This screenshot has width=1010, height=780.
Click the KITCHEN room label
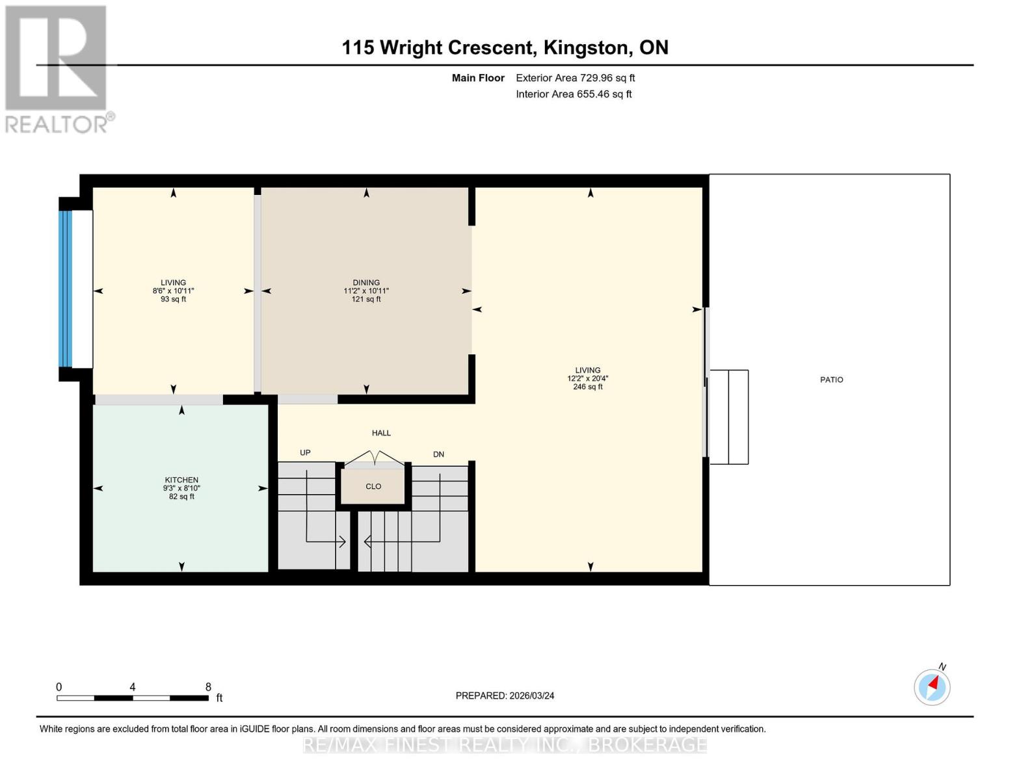(x=181, y=480)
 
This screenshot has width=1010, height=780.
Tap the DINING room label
(x=366, y=283)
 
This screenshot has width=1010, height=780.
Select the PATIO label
(x=832, y=380)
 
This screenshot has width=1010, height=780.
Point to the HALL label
(x=381, y=433)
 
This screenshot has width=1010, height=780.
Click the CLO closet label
(x=373, y=486)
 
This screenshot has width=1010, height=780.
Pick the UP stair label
(x=305, y=452)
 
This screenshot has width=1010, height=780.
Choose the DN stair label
(x=438, y=454)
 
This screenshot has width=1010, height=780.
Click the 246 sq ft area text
(x=588, y=387)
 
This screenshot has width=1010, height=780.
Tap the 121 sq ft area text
(x=366, y=299)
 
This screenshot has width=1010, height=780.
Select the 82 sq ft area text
(x=181, y=497)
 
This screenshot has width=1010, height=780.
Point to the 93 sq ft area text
(x=174, y=299)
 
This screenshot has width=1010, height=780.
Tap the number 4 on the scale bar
(x=133, y=686)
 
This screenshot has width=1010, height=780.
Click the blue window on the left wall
(x=66, y=289)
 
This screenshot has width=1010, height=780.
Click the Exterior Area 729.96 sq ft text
(x=575, y=78)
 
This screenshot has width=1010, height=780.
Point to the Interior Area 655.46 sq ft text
(x=574, y=94)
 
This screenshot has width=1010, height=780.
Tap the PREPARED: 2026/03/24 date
(x=505, y=695)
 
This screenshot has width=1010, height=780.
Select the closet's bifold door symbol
(x=374, y=458)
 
